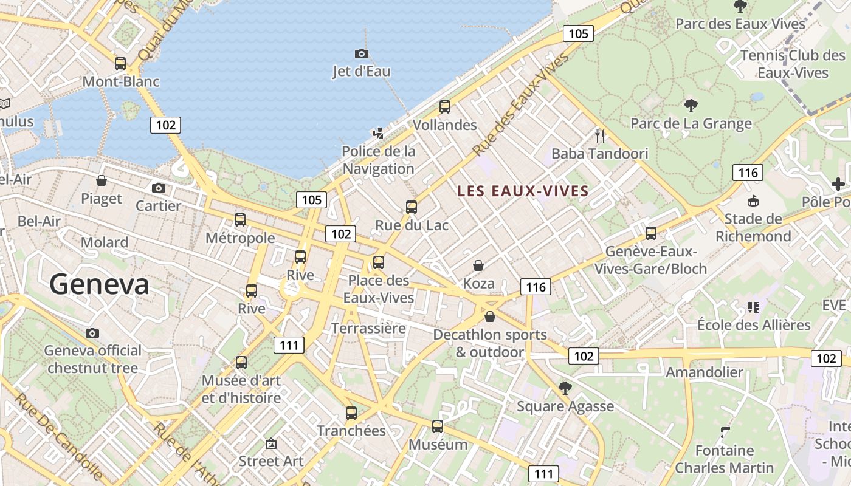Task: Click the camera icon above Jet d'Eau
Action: [361, 53]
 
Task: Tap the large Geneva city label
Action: [99, 284]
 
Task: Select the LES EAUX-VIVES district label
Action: [523, 191]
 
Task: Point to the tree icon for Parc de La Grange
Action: [691, 106]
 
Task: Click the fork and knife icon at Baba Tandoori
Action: [600, 135]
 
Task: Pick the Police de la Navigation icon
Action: [379, 133]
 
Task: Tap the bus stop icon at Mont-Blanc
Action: [120, 63]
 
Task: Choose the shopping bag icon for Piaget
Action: [102, 180]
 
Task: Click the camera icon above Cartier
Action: [159, 188]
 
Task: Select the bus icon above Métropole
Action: [240, 220]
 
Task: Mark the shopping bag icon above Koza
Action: [478, 265]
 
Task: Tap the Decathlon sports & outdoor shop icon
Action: [490, 317]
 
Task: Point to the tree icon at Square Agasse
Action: [565, 388]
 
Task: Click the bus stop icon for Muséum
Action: [438, 426]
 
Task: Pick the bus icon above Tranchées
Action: [351, 413]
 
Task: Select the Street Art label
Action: [270, 461]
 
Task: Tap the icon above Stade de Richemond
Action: [753, 200]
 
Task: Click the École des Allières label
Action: [754, 325]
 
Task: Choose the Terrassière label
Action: [368, 329]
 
